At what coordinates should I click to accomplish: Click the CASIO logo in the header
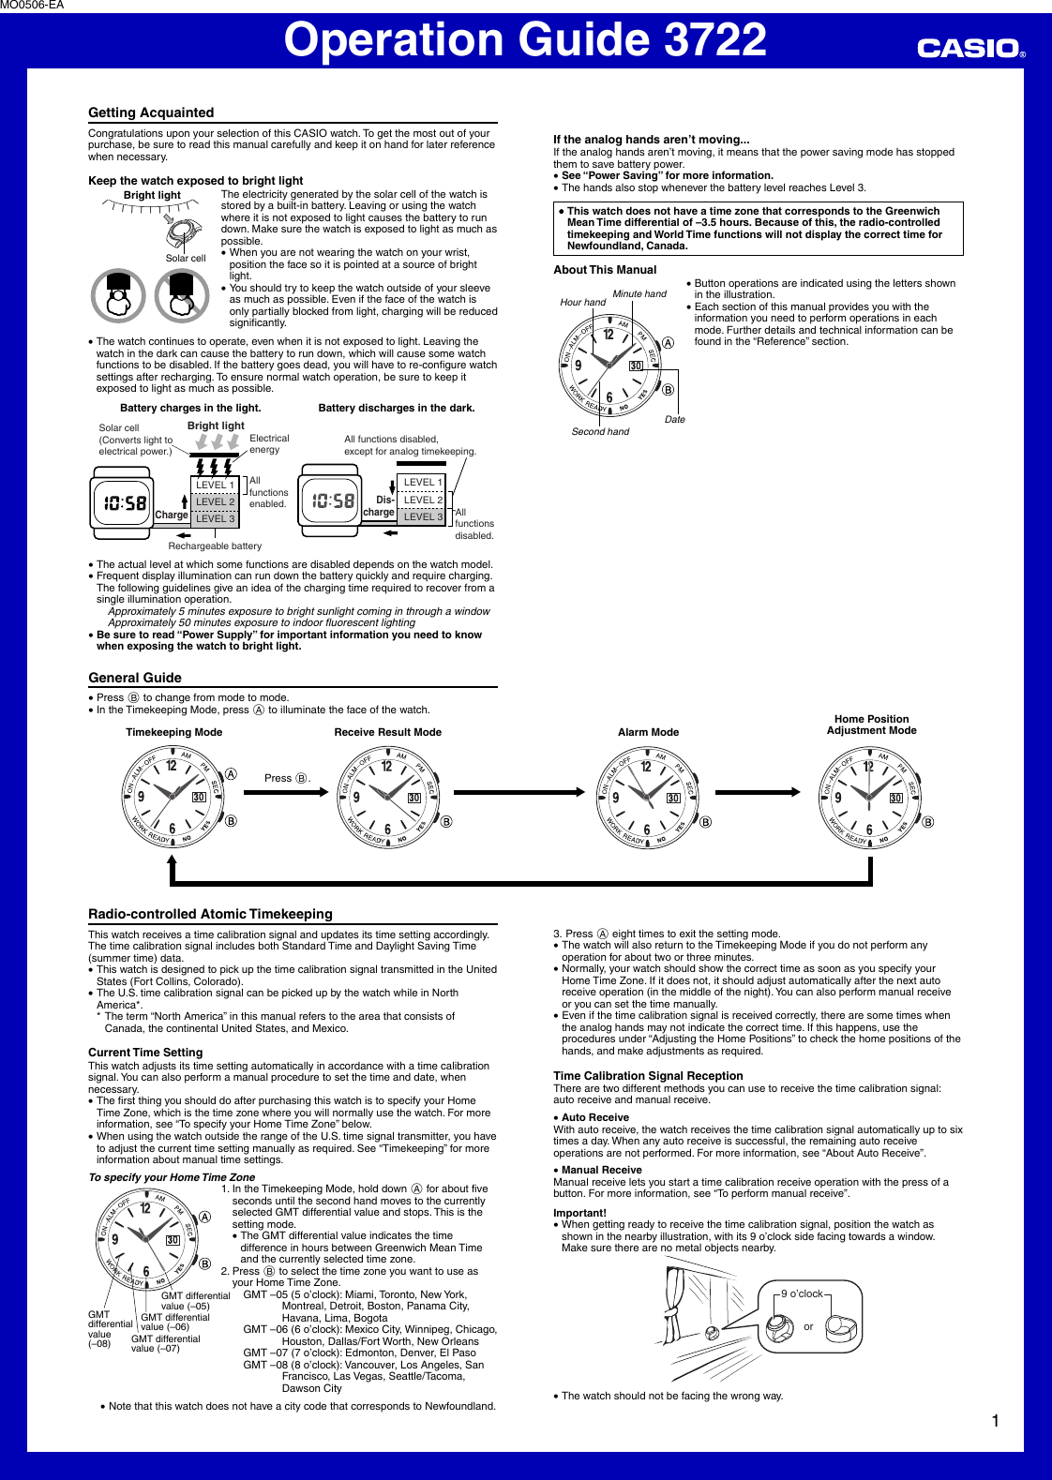tap(969, 48)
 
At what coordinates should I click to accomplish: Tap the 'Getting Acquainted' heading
tap(151, 112)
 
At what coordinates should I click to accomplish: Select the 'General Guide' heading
tap(135, 678)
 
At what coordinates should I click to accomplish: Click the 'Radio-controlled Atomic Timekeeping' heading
tap(210, 914)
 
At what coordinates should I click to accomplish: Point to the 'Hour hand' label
tap(582, 302)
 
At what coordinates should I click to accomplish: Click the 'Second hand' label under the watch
tap(600, 432)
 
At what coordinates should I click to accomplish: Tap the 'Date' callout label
tap(674, 420)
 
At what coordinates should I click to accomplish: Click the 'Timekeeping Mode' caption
tap(173, 732)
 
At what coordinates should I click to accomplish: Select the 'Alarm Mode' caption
tap(648, 732)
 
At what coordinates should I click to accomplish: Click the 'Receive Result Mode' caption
tap(387, 732)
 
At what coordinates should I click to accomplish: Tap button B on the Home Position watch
tap(927, 822)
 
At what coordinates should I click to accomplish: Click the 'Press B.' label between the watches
tap(286, 778)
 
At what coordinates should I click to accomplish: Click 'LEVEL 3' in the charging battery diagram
tap(215, 518)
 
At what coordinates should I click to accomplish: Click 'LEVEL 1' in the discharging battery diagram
tap(422, 482)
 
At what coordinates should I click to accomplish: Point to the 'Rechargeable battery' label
tap(215, 546)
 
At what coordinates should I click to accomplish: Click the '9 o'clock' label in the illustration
tap(802, 1293)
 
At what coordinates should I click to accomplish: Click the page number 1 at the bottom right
tap(995, 1421)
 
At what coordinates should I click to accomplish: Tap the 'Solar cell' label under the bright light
tap(186, 258)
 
